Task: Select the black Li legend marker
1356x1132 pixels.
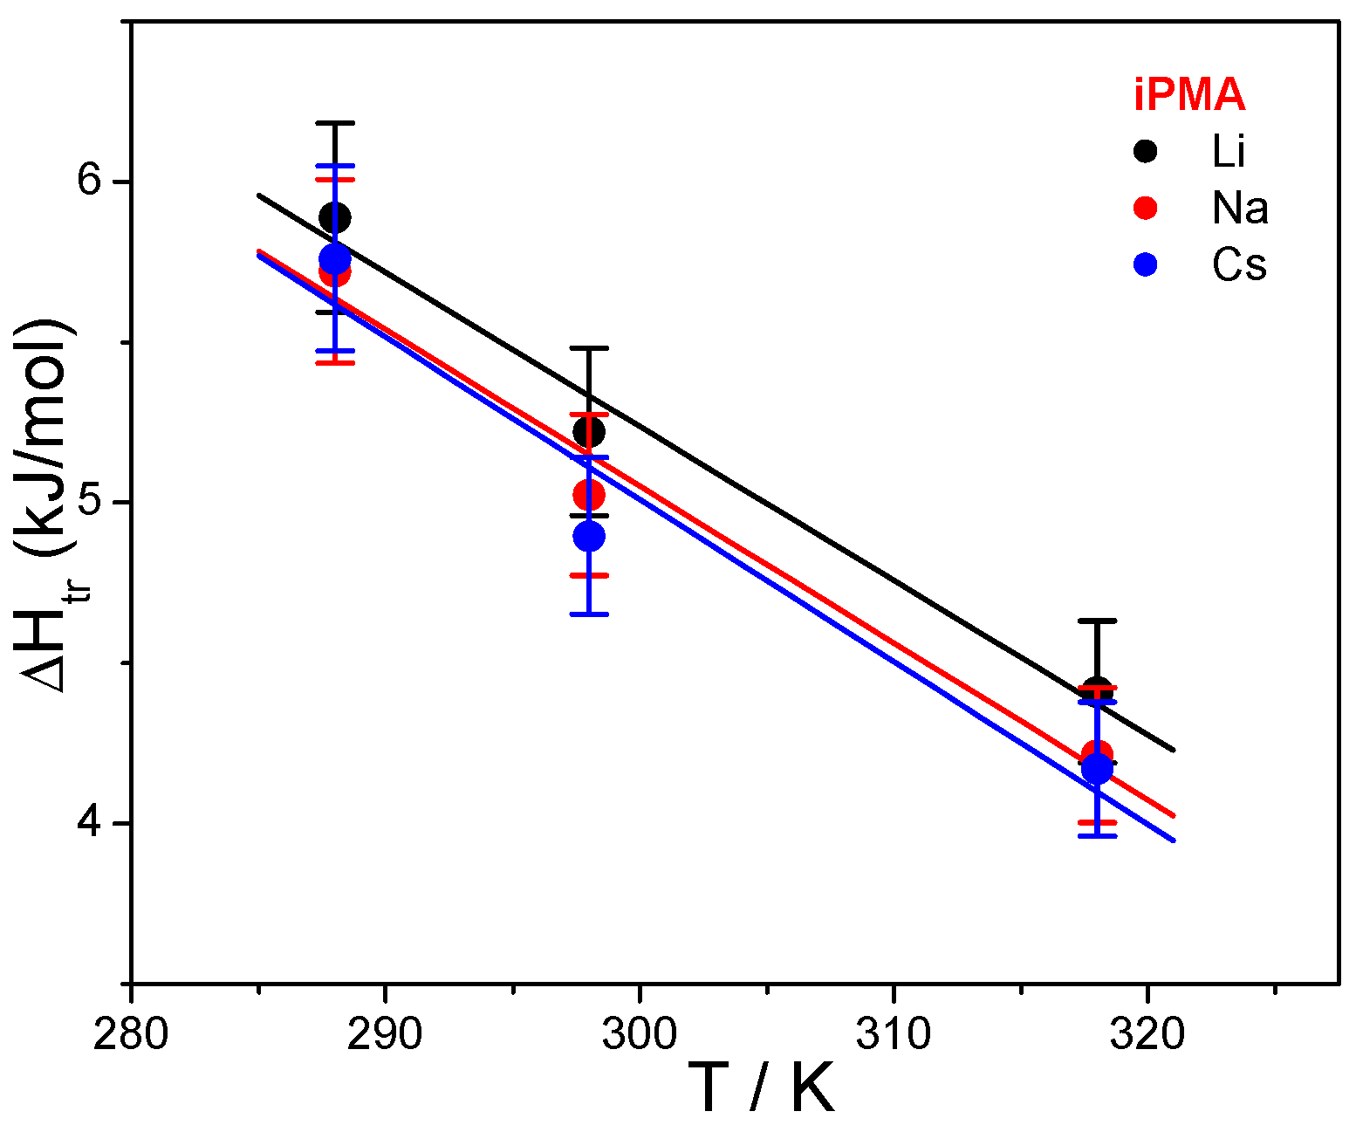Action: [1145, 151]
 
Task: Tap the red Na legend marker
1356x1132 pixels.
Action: [1145, 208]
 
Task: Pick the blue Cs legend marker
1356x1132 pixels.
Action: [1145, 264]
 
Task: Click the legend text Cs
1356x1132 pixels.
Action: [1239, 264]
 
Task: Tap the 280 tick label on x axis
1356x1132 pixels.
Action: [131, 1034]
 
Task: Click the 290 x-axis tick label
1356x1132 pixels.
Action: [385, 1034]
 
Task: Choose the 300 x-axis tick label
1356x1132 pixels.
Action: [640, 1034]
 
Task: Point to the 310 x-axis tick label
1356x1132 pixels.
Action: [894, 1034]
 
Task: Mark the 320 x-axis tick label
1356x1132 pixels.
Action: [1147, 1034]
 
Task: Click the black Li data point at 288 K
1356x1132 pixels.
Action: [335, 216]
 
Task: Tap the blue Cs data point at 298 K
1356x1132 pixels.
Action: [589, 535]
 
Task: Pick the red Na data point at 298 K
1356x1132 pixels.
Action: [589, 495]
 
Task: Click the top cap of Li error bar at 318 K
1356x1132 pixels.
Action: [1098, 621]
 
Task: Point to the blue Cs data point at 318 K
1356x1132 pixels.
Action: [1097, 769]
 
